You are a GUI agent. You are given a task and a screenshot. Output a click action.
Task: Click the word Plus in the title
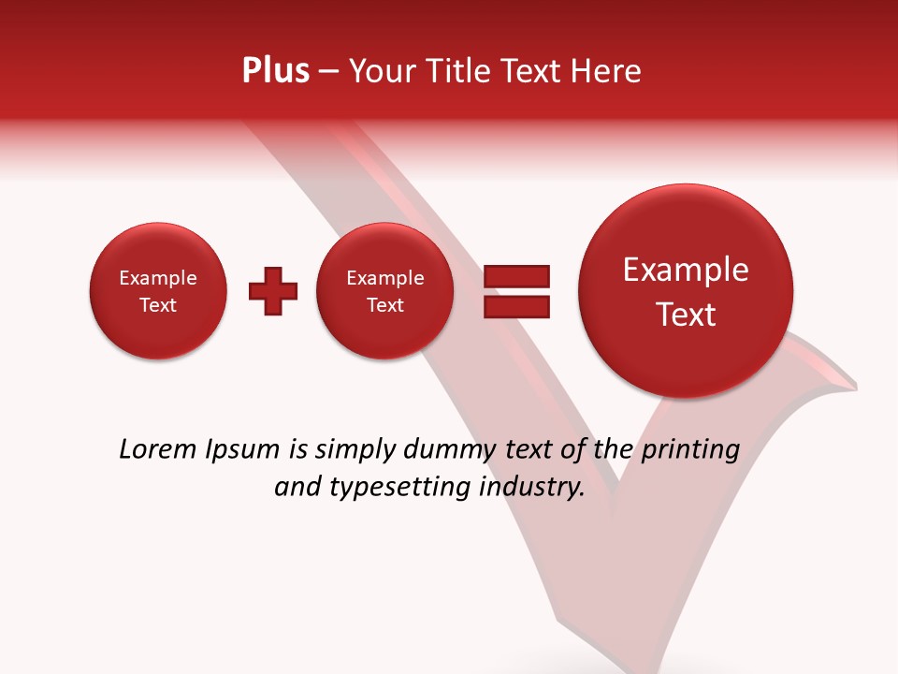275,71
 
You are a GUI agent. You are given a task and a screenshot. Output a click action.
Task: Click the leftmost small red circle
157,291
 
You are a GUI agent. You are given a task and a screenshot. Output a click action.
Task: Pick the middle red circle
384,291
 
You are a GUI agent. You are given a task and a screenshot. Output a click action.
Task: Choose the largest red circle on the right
686,291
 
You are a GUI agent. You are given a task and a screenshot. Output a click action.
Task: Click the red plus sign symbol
273,291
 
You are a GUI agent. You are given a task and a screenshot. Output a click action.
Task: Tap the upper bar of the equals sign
516,276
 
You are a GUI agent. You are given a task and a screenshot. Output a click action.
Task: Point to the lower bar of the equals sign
516,306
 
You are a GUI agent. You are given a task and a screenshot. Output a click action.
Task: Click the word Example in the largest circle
686,270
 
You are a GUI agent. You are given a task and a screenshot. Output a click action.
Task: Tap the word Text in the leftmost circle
157,305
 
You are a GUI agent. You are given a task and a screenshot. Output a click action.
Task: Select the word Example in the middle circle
384,278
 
